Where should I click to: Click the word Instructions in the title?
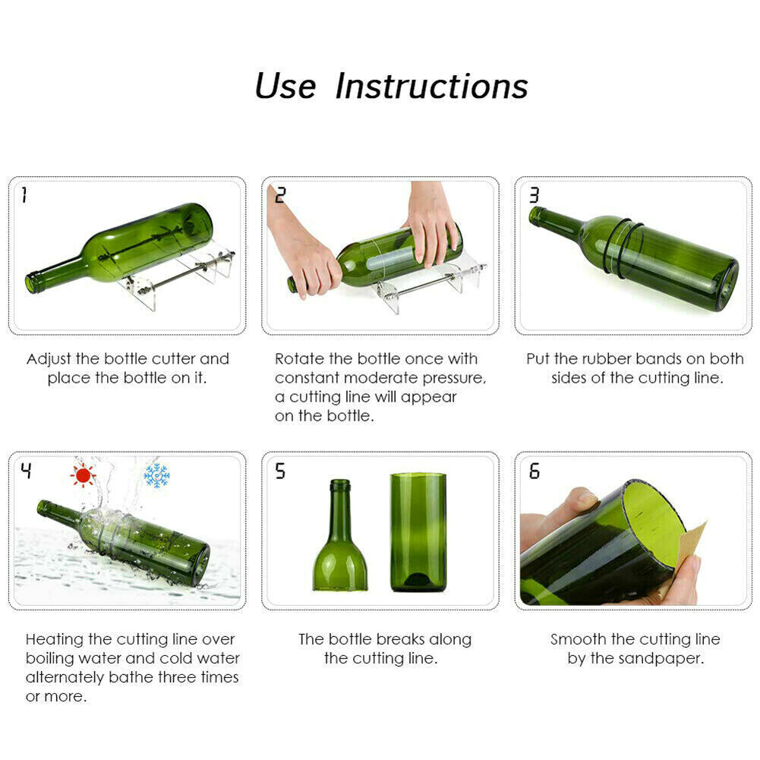click(431, 86)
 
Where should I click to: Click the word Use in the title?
click(285, 86)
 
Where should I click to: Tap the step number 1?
click(24, 196)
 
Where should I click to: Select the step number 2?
click(279, 196)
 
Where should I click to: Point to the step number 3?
click(533, 196)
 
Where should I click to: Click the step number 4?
click(26, 471)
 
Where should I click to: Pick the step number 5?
click(280, 471)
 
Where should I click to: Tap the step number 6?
click(534, 471)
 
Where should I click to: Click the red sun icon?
click(83, 475)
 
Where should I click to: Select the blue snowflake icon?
click(156, 475)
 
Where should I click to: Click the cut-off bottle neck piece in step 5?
click(340, 539)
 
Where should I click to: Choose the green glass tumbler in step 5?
click(418, 531)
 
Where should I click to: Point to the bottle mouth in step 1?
click(31, 284)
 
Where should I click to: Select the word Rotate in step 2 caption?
click(298, 358)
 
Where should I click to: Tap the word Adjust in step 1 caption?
click(49, 358)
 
